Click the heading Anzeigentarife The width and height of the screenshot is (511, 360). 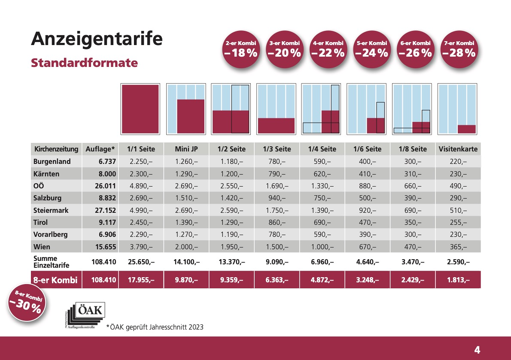(97, 39)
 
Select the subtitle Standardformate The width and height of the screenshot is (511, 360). (84, 63)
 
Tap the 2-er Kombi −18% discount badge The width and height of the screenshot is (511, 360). (240, 49)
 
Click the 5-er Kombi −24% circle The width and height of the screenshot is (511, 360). (372, 49)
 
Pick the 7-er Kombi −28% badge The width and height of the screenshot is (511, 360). (459, 49)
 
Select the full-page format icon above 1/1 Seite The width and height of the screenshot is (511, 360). (140, 109)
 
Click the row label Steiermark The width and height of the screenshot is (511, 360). (51, 210)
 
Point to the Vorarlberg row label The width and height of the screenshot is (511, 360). (50, 235)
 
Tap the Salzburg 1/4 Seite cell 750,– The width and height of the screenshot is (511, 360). (322, 198)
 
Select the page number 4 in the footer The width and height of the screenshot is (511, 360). (477, 348)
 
